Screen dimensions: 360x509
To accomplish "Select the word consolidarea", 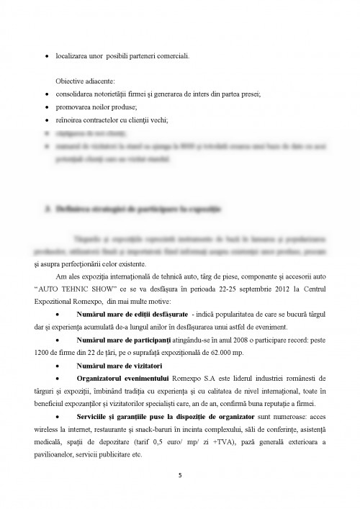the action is [75, 94].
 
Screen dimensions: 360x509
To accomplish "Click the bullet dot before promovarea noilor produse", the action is [48, 107].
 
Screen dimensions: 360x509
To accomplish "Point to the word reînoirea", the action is [68, 120].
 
